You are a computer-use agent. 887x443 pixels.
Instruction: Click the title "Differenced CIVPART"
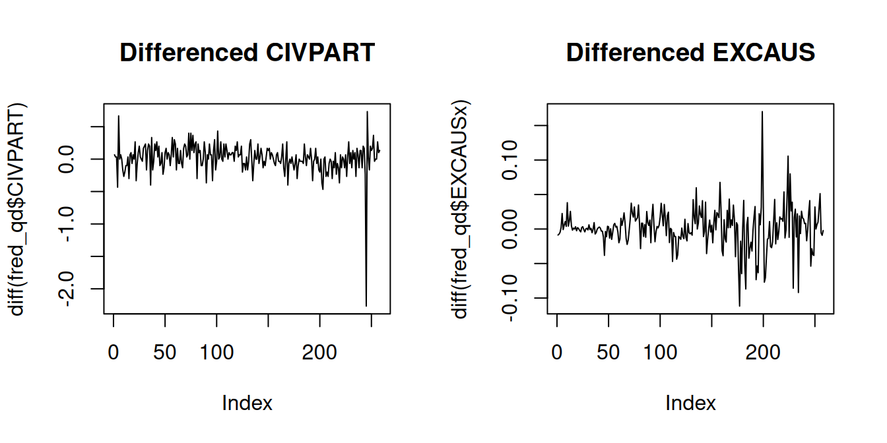(247, 53)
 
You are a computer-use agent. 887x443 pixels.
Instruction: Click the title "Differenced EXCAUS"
(690, 53)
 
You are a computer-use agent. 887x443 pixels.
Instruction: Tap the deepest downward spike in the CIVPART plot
(366, 305)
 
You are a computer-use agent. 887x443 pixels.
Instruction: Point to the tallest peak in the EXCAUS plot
(762, 112)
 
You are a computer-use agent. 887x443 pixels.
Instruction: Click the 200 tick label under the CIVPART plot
(319, 353)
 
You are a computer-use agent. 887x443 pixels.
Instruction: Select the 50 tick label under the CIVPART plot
(165, 353)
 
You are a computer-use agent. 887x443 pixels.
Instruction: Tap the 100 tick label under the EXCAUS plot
(660, 353)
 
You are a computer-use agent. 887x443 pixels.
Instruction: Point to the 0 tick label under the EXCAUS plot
(557, 353)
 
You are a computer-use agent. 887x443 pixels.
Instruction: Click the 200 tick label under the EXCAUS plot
(763, 353)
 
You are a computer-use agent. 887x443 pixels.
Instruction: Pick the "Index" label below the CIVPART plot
(247, 403)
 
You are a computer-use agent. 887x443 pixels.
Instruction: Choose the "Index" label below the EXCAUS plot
(690, 403)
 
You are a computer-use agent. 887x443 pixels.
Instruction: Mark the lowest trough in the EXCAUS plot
(739, 305)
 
